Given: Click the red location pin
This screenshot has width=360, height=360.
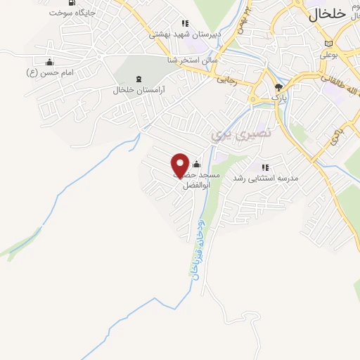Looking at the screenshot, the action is tap(180, 165).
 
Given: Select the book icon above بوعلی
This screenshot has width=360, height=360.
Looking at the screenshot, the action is tap(328, 43).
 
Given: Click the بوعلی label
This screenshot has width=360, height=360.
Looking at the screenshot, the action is tap(330, 53).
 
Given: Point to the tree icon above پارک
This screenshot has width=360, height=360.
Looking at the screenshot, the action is tap(278, 86).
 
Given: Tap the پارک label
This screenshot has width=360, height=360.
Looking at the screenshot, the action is tap(279, 96).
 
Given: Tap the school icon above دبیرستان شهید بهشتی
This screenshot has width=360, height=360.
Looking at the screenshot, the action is tap(185, 22).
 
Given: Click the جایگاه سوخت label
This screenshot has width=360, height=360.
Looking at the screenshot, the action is tap(72, 13).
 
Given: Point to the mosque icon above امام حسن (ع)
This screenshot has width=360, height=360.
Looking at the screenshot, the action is tap(49, 61).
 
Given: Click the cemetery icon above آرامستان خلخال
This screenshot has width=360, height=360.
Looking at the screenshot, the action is tap(136, 79).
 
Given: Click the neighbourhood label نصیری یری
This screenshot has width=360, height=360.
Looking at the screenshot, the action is tap(231, 132).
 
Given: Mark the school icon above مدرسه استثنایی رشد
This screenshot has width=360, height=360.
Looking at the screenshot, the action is tap(265, 167).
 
